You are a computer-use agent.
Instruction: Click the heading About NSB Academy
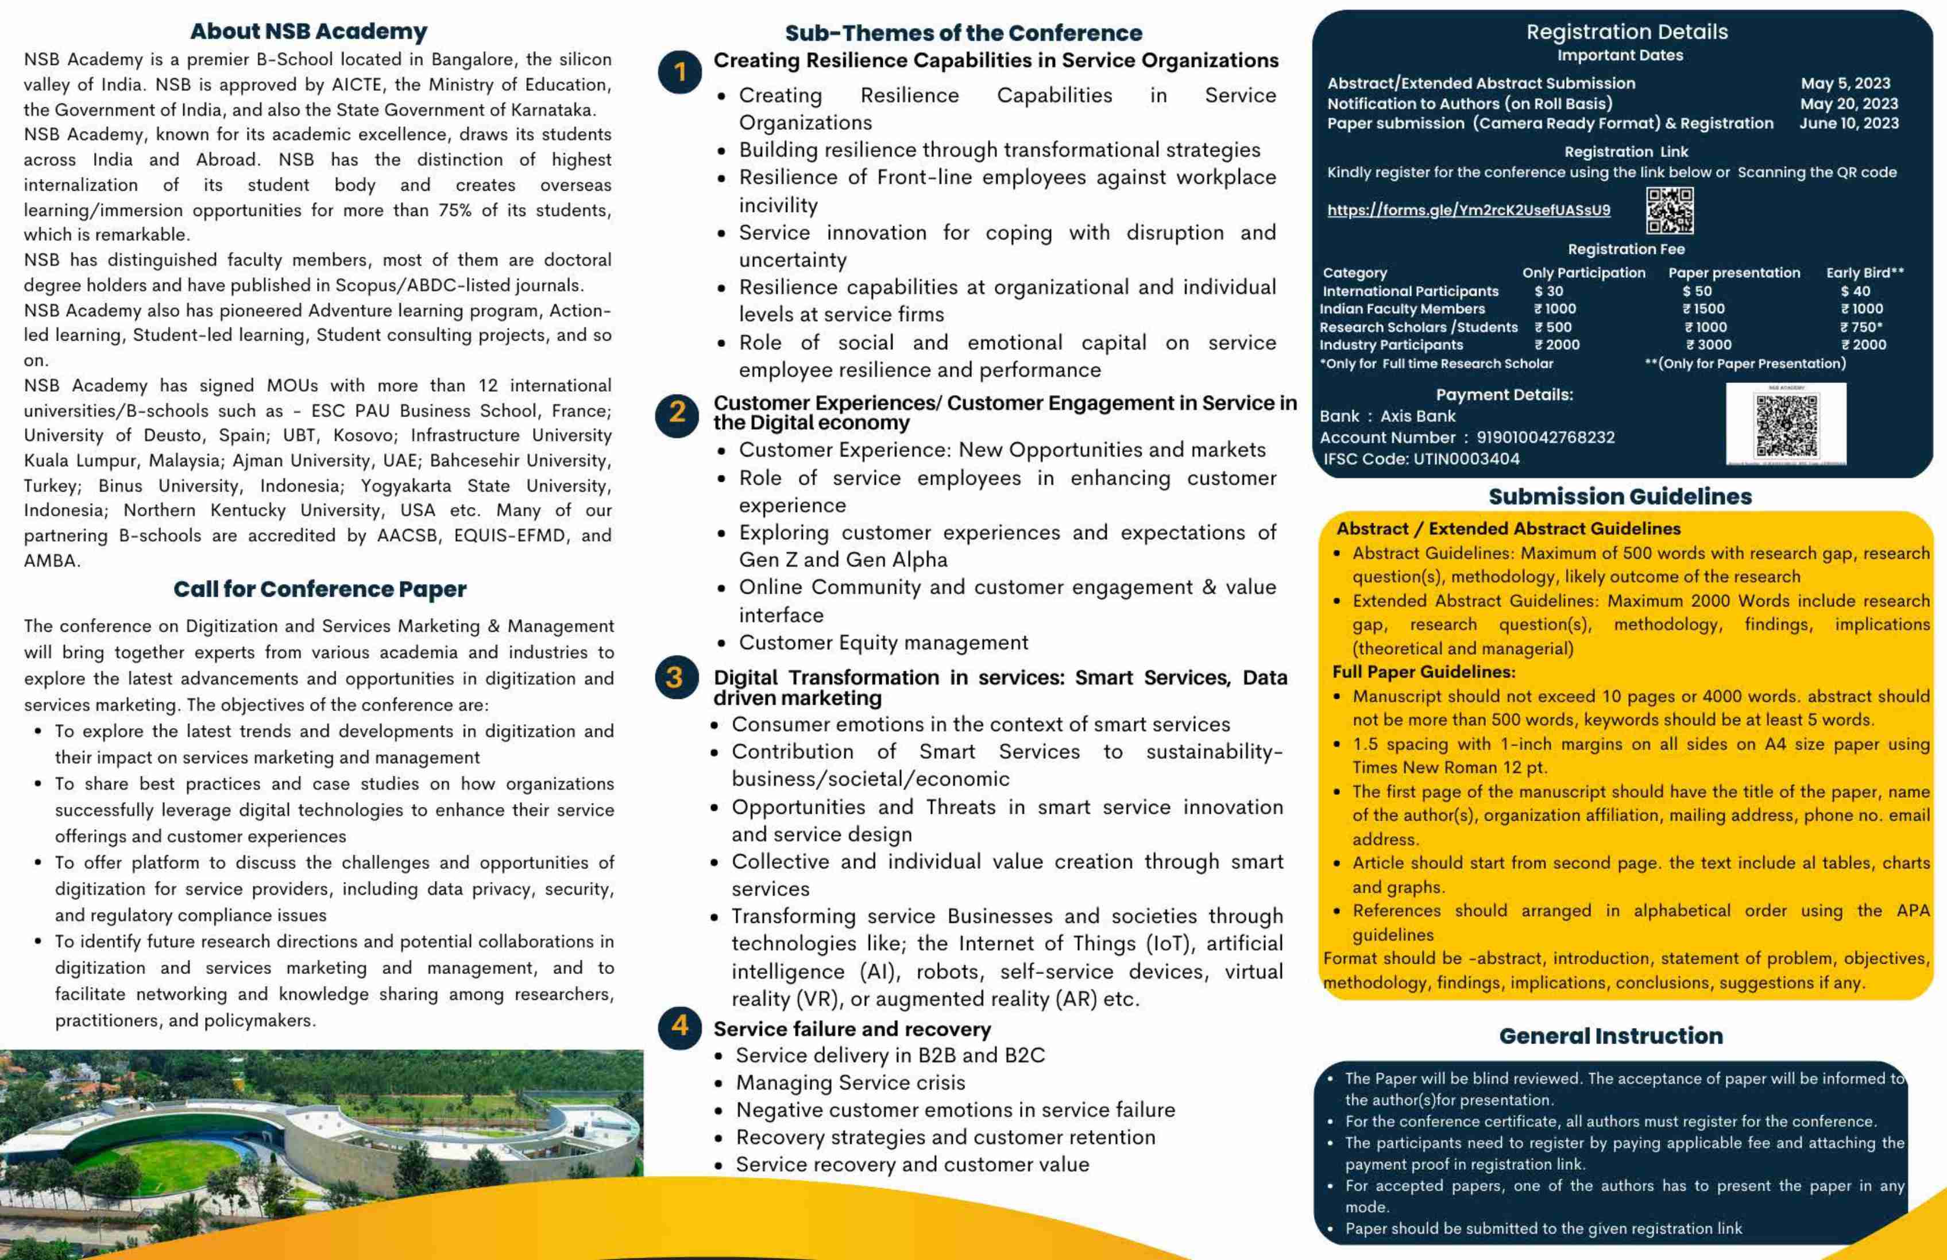pyautogui.click(x=308, y=32)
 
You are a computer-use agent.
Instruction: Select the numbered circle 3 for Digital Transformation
pyautogui.click(x=676, y=678)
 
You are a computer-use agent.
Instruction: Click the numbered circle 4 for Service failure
pyautogui.click(x=679, y=1026)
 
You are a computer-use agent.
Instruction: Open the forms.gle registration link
pyautogui.click(x=1469, y=210)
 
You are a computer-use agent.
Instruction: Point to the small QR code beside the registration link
pyautogui.click(x=1670, y=210)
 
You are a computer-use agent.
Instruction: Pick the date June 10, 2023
pyautogui.click(x=1849, y=123)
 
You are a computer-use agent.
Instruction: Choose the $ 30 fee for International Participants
pyautogui.click(x=1548, y=291)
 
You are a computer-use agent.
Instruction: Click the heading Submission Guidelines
pyautogui.click(x=1620, y=497)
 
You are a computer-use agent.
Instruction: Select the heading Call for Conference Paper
pyautogui.click(x=320, y=589)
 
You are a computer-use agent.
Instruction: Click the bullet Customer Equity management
pyautogui.click(x=883, y=643)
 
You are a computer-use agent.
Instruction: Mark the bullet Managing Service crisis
pyautogui.click(x=850, y=1083)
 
